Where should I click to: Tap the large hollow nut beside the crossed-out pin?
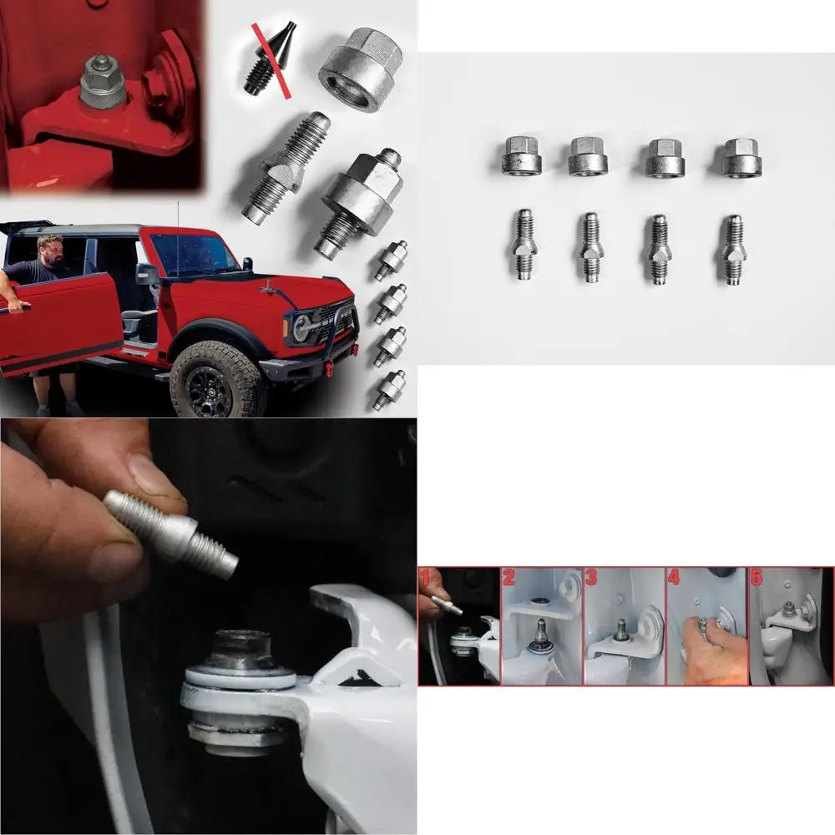tap(360, 68)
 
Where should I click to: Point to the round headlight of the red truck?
tap(301, 327)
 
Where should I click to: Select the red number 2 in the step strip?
tap(509, 576)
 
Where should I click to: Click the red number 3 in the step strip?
tap(591, 576)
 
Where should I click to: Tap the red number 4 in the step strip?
tap(674, 576)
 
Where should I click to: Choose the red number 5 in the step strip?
tap(757, 576)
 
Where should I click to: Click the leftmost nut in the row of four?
tap(521, 156)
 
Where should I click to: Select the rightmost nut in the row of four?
tap(741, 157)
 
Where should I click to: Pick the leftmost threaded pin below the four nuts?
tap(523, 245)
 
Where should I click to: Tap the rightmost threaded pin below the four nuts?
tap(733, 250)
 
